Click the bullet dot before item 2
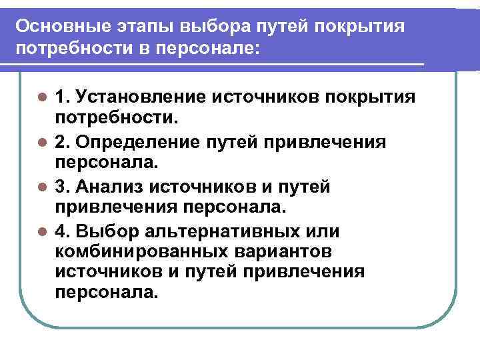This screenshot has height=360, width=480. [42, 143]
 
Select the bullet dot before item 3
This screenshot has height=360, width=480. [42, 187]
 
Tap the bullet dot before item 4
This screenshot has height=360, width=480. [42, 232]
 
